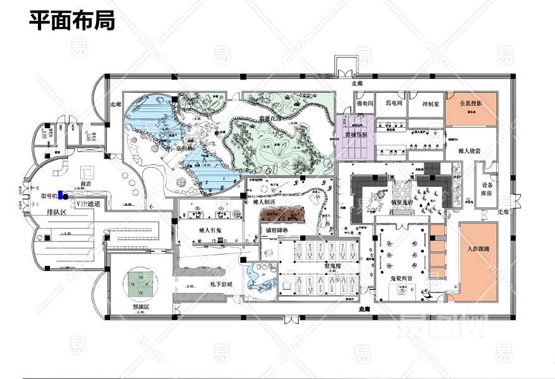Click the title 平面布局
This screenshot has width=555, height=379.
[x=71, y=20]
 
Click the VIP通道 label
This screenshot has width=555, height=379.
[x=88, y=204]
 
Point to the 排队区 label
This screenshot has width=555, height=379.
[x=57, y=213]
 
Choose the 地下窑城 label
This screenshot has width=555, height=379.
[x=221, y=284]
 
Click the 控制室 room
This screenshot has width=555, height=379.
[x=425, y=102]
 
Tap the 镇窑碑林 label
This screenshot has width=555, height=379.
[x=279, y=230]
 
